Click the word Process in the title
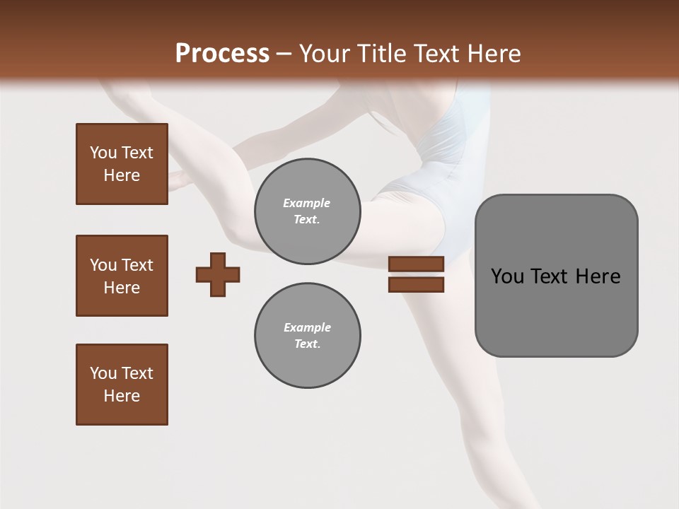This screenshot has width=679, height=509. [222, 54]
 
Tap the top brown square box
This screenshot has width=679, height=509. [122, 164]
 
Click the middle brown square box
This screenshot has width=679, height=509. [122, 276]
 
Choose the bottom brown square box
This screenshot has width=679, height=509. [122, 385]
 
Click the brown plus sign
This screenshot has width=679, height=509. [218, 274]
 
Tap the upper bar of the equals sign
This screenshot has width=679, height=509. [416, 264]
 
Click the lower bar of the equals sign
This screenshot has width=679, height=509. [416, 284]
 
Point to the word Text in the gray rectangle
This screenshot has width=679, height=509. [551, 276]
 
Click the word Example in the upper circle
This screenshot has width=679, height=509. [307, 203]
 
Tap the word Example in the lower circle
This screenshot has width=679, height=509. [307, 327]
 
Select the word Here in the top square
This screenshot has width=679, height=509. [122, 175]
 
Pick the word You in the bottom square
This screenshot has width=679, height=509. [103, 373]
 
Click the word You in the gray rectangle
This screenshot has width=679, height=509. [507, 276]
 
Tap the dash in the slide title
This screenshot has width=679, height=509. [284, 54]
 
